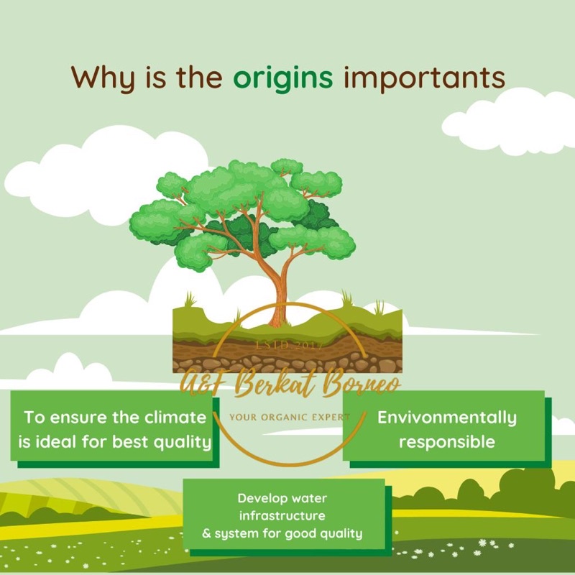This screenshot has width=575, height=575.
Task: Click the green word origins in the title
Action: click(x=283, y=78)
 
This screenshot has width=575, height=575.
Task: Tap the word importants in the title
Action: click(x=424, y=78)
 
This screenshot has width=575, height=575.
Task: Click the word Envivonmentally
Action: click(x=447, y=417)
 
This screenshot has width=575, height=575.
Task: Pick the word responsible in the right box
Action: click(x=447, y=441)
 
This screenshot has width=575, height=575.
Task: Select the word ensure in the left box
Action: click(x=77, y=417)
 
